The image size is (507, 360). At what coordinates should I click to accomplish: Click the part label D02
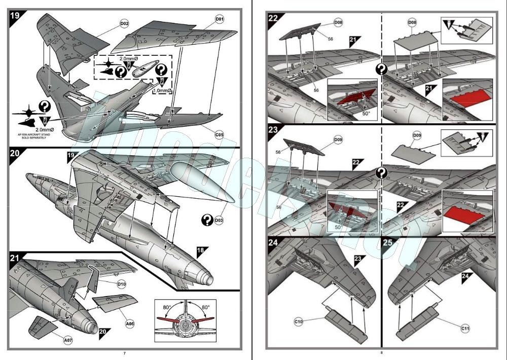point(124,23)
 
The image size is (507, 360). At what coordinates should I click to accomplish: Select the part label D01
point(220,19)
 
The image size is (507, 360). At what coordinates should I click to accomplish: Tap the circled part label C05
point(219,135)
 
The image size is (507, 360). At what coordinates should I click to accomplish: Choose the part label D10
point(122,284)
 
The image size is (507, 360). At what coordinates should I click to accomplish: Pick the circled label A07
point(68,340)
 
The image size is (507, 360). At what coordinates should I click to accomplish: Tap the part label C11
point(465,329)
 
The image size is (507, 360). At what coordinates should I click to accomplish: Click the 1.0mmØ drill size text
point(163,91)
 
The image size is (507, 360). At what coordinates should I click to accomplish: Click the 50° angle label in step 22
point(366,114)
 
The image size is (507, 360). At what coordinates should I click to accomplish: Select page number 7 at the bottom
point(125,353)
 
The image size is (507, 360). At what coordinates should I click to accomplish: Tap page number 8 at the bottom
point(382,353)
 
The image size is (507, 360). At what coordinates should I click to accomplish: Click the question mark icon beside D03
point(206,220)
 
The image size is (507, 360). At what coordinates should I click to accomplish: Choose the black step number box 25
point(388,243)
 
